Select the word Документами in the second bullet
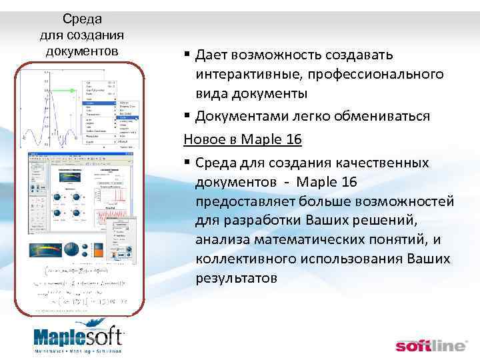coord(241,116)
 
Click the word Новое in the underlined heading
coord(204,139)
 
